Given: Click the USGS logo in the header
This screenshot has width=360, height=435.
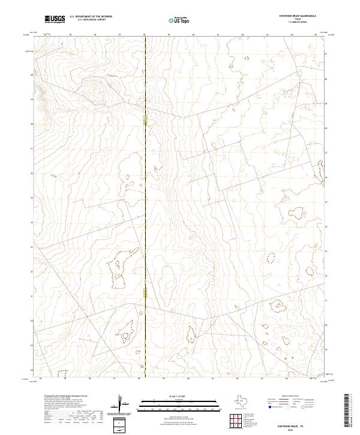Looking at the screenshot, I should pyautogui.click(x=55, y=20).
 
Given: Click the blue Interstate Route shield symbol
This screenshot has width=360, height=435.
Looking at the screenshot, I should pyautogui.click(x=271, y=406).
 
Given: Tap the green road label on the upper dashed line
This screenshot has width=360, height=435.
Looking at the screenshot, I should pyautogui.click(x=145, y=121).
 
